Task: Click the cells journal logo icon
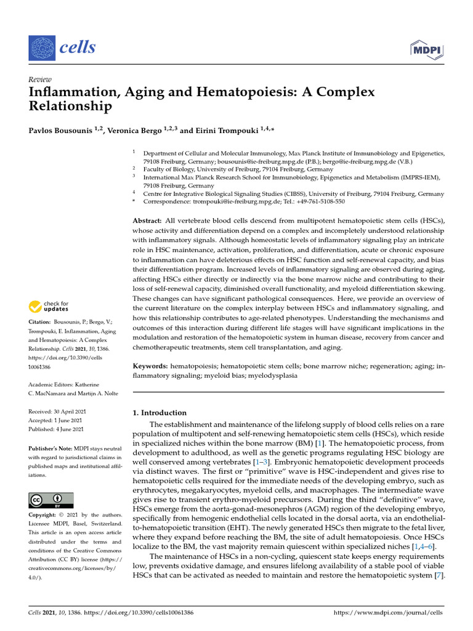click(42, 47)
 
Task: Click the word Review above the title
click(40, 79)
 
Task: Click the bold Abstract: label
click(148, 221)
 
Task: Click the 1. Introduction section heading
click(160, 413)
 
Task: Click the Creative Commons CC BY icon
click(51, 500)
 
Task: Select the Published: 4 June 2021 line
click(56, 429)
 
